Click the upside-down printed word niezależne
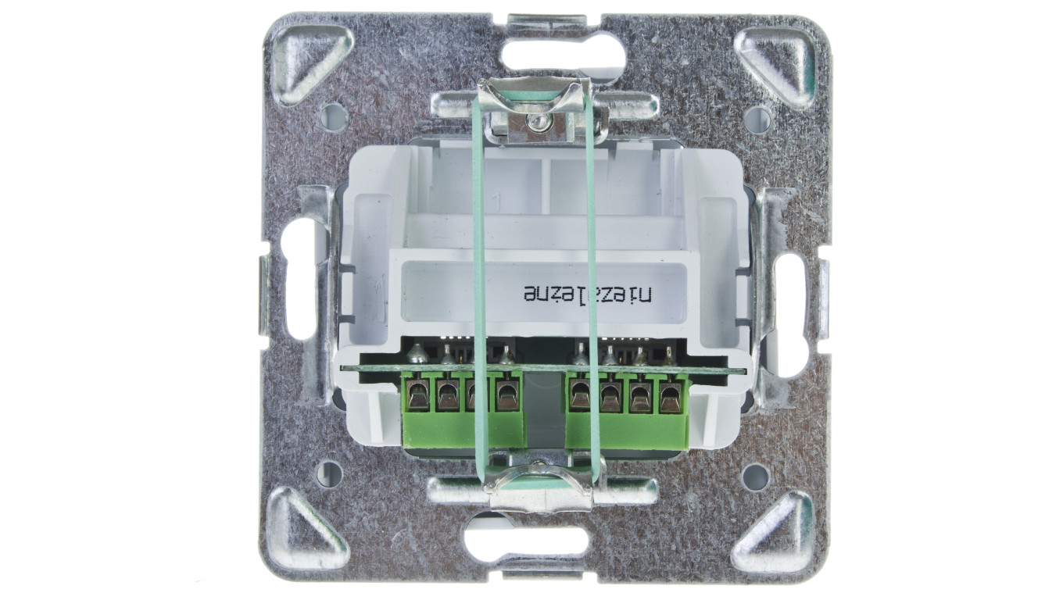click(x=589, y=293)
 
